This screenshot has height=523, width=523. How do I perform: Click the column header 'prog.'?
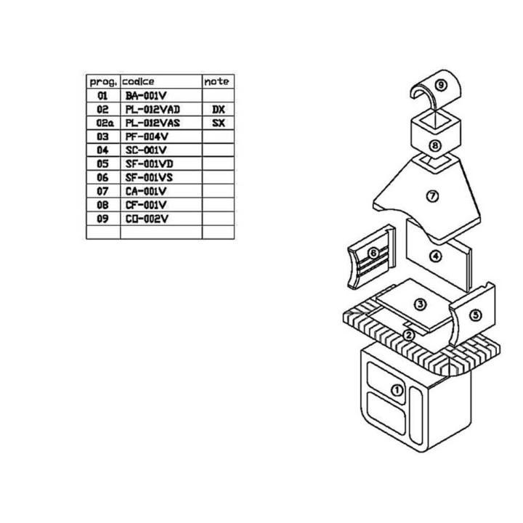tap(103, 82)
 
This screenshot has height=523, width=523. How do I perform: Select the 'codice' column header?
tap(138, 81)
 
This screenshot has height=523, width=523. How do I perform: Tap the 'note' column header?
tap(216, 81)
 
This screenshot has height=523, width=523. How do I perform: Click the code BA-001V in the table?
tap(146, 96)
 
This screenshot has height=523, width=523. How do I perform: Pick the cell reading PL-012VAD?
tap(153, 110)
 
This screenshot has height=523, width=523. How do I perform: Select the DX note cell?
tap(219, 110)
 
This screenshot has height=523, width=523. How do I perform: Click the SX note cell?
tap(219, 123)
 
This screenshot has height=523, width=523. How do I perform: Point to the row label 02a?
tap(105, 123)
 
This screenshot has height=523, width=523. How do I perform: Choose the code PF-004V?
tap(147, 137)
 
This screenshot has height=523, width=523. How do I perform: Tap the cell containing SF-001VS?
tap(149, 178)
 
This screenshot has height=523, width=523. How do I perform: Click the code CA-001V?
tap(146, 192)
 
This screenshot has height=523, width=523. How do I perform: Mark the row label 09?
tap(102, 219)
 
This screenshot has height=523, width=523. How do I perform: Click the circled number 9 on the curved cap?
tap(441, 85)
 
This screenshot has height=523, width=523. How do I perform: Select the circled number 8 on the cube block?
tap(435, 145)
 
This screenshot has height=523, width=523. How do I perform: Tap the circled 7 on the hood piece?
tap(433, 196)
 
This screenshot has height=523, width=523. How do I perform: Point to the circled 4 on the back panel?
tap(436, 256)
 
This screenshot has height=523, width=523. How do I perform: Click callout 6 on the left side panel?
tap(373, 254)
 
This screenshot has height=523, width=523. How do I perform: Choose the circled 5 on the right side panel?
tap(476, 315)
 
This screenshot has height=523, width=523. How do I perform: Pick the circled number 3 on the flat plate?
tap(421, 304)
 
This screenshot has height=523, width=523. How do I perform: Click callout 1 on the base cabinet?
tap(397, 390)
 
